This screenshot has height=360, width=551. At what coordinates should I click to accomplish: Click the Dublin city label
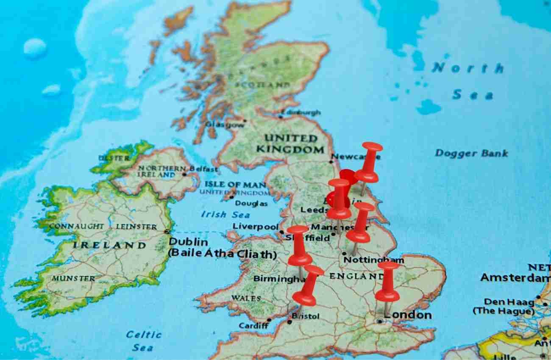pyautogui.click(x=188, y=242)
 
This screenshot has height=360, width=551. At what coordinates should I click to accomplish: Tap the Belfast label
pyautogui.click(x=203, y=169)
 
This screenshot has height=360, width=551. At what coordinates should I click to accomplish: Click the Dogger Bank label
pyautogui.click(x=471, y=153)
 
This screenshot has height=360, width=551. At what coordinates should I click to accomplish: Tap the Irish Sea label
pyautogui.click(x=220, y=214)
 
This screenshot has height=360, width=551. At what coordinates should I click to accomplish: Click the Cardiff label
pyautogui.click(x=253, y=326)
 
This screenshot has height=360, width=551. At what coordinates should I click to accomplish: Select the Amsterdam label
pyautogui.click(x=515, y=278)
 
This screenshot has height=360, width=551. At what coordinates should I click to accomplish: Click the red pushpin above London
pyautogui.click(x=387, y=282)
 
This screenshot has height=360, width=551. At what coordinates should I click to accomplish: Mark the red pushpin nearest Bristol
pyautogui.click(x=308, y=286)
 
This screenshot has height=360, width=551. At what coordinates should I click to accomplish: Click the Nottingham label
pyautogui.click(x=373, y=260)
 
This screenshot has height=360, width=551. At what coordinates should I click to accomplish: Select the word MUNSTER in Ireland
pyautogui.click(x=74, y=279)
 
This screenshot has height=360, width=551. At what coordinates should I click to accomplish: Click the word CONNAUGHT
pyautogui.click(x=76, y=227)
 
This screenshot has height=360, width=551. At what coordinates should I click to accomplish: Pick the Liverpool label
pyautogui.click(x=255, y=227)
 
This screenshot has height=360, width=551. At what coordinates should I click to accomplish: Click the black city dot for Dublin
pyautogui.click(x=167, y=232)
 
